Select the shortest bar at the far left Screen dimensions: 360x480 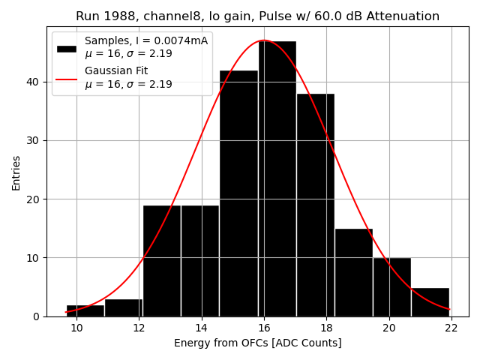[x=85, y=310]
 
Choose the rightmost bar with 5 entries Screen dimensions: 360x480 [x=430, y=302]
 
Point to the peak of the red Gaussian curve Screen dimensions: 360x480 [x=263, y=40]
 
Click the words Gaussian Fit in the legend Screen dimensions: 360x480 [x=116, y=71]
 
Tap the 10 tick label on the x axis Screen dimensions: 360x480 [x=76, y=328]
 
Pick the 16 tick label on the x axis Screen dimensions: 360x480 [x=264, y=328]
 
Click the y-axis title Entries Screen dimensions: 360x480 [x=16, y=172]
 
